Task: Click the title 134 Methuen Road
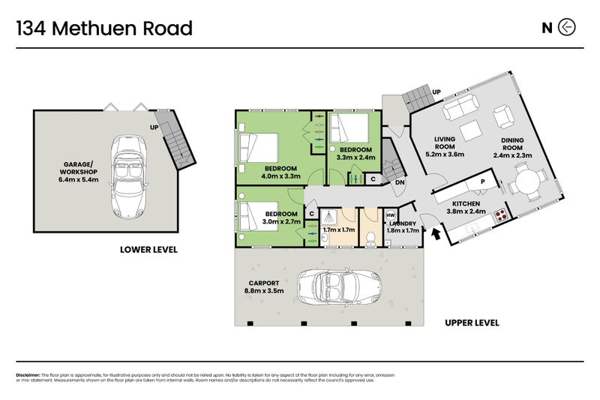click(104, 29)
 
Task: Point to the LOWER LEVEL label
click(148, 249)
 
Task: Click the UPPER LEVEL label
click(472, 323)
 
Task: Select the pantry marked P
click(483, 181)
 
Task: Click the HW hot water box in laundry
click(390, 215)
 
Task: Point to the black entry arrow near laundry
click(436, 234)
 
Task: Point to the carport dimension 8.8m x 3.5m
click(263, 291)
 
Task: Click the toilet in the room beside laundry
click(373, 237)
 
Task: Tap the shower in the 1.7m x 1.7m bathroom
click(328, 218)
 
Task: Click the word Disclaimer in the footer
click(28, 375)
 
